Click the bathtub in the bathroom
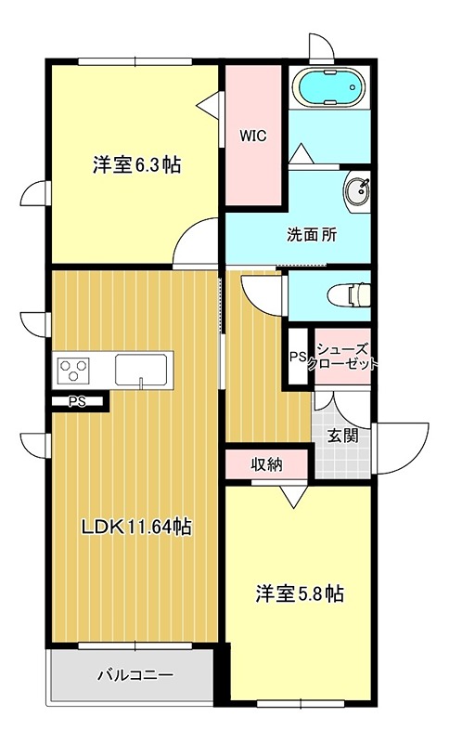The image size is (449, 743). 330,89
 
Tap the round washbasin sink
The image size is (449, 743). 356,192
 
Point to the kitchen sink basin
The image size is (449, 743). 141,371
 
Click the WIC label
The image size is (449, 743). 253,136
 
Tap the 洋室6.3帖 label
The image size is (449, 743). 135,166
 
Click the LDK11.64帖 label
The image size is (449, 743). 136,528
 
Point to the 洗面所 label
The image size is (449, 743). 311,235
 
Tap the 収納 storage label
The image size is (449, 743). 266,464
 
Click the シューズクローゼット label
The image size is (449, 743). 342,357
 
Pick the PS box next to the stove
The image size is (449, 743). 77,401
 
